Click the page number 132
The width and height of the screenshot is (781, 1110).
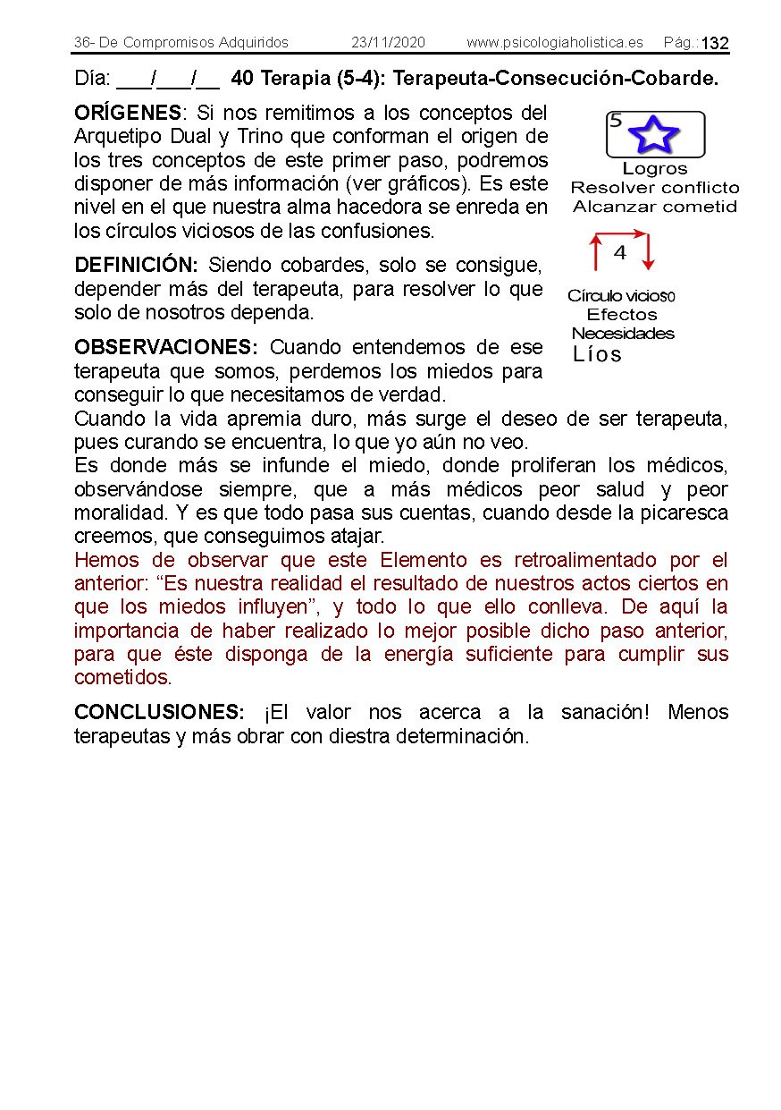coord(715,44)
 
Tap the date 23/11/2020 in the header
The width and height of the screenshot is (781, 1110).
coord(388,43)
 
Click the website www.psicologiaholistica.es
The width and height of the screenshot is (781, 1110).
coord(554,43)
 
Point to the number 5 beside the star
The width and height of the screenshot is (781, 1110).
coord(616,122)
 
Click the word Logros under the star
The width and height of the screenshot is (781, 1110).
coord(655,169)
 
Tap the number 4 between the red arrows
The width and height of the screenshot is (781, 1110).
coord(620,253)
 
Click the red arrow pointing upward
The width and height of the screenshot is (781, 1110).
coord(595,252)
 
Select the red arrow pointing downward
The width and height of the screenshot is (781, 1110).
coord(649,252)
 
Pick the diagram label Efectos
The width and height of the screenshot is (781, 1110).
coord(622,315)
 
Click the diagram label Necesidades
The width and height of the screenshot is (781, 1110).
coord(623,334)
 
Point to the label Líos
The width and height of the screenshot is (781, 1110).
coord(597,354)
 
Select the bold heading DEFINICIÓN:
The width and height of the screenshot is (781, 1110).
coord(136,266)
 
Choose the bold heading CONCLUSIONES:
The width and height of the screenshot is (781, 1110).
coord(159,713)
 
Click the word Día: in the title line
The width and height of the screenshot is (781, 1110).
coord(92,79)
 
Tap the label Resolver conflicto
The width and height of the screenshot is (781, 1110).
coord(655,188)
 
